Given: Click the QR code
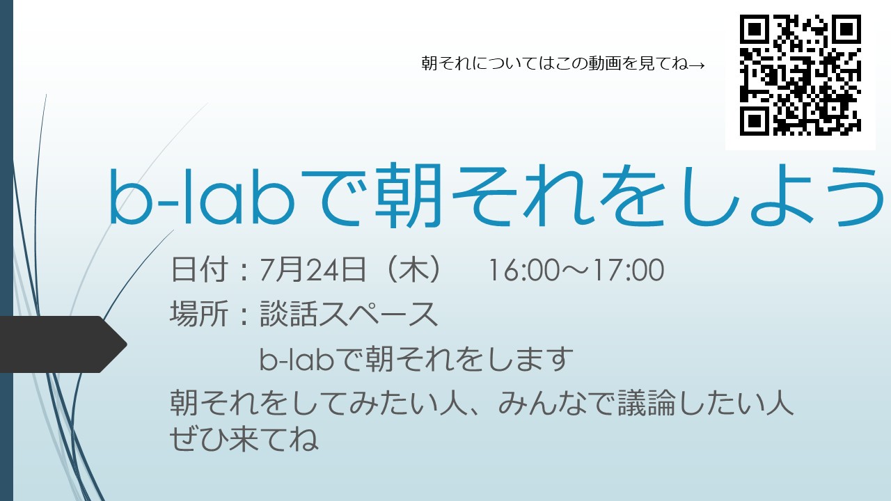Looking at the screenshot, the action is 801,75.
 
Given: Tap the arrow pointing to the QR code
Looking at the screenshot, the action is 697,65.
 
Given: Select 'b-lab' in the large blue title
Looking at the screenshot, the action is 202,198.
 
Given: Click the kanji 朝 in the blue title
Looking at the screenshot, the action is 409,196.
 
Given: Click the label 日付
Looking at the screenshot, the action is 199,269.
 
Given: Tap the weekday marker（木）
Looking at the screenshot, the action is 415,269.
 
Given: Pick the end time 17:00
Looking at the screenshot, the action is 629,270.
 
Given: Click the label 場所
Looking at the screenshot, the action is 199,314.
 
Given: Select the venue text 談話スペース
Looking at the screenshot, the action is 349,314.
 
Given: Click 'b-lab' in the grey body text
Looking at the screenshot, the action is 297,358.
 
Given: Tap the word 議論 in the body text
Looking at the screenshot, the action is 647,403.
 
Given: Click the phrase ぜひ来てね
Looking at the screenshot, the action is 244,438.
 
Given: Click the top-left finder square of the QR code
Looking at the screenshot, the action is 754,29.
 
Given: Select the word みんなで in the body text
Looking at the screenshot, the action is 556,403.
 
